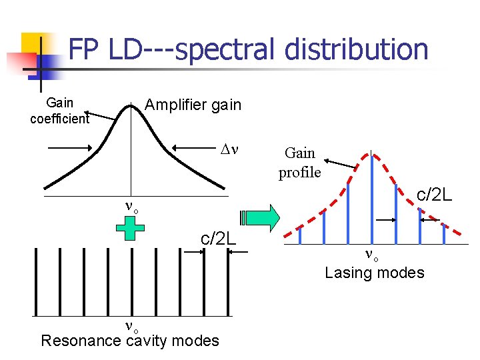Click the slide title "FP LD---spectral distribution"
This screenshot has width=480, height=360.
248,49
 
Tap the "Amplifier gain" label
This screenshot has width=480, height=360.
193,105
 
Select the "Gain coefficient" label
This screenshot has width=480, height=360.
59,111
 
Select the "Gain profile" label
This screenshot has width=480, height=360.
299,163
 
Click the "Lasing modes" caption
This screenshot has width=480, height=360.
374,272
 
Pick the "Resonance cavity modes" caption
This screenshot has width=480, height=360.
129,341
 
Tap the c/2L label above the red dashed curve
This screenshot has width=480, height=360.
435,195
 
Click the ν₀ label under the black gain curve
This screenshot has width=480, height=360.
131,206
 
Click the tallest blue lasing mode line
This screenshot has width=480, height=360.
371,196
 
